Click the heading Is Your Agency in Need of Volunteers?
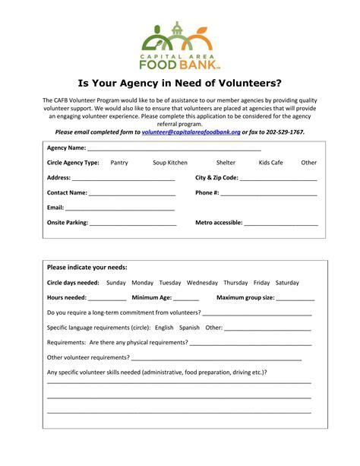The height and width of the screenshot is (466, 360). pos(180,82)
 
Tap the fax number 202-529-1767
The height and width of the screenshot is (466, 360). pos(283,132)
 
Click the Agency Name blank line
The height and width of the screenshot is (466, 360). pos(174,149)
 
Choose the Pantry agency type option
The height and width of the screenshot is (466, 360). pos(119,163)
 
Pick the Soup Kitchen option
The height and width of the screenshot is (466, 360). pos(169,163)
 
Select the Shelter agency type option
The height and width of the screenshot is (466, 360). pos(226,163)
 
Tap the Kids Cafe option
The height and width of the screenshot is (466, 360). pos(270,163)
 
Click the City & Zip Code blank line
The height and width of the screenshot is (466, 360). pos(279,179)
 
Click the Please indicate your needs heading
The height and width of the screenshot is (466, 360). pos(87,268)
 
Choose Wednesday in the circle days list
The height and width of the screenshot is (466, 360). pos(202,283)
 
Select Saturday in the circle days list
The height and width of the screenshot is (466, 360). pos(287,283)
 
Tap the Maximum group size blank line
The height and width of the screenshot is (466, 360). pos(295,300)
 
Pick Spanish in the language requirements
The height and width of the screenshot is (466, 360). pos(189,328)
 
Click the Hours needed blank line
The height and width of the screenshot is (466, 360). pos(107,300)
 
